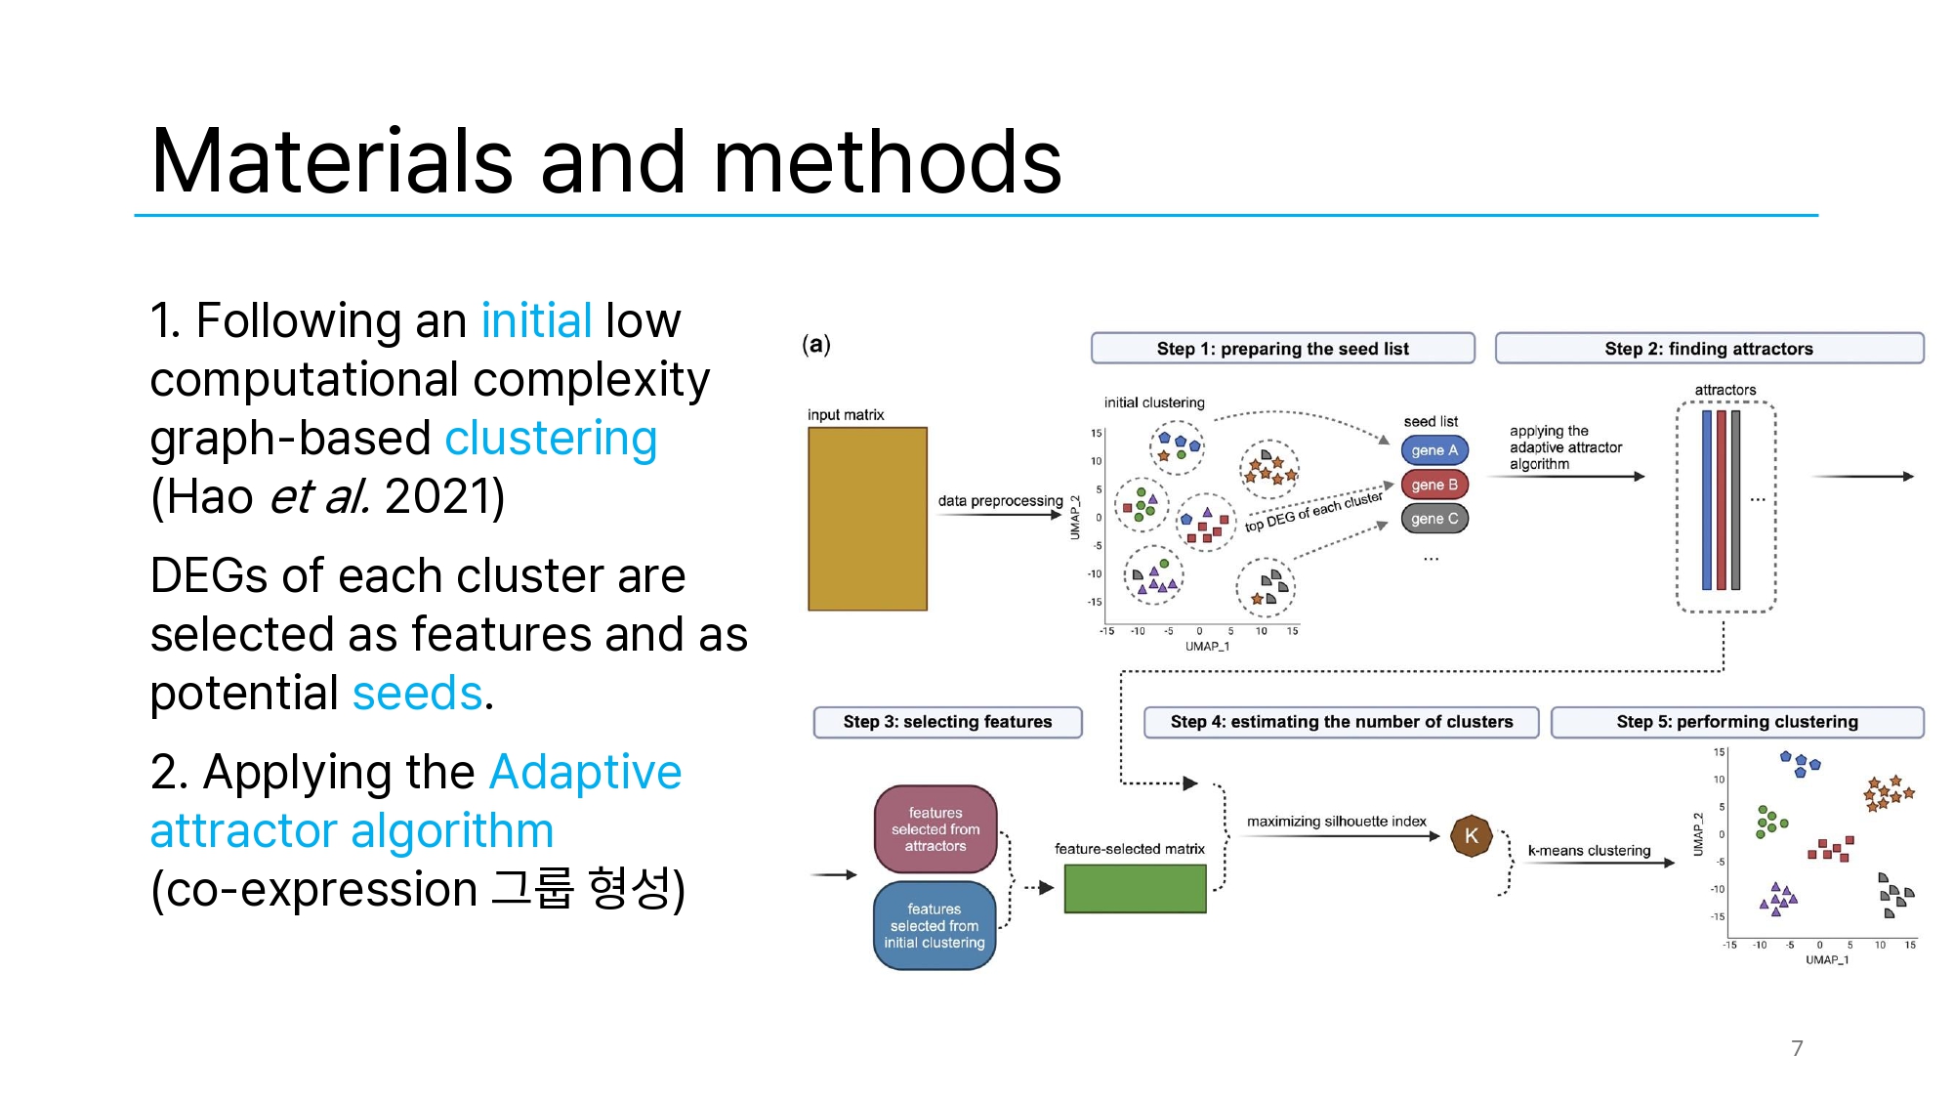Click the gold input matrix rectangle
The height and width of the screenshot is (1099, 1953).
click(x=867, y=519)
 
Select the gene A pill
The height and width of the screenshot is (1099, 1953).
click(x=1434, y=450)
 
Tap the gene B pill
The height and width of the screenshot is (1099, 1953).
click(x=1434, y=485)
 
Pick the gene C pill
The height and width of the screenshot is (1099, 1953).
click(x=1434, y=519)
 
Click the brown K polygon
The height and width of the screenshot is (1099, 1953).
click(x=1471, y=836)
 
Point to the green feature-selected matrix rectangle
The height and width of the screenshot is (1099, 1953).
click(x=1135, y=889)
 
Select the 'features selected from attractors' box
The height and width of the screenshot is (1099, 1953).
click(x=935, y=829)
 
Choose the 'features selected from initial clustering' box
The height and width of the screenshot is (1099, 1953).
click(x=935, y=925)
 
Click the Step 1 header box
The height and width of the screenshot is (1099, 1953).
click(x=1282, y=349)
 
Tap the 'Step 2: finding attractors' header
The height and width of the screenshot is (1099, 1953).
click(x=1709, y=349)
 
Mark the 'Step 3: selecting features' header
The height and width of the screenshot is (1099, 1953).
click(x=947, y=722)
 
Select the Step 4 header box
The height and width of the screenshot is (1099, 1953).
click(x=1341, y=722)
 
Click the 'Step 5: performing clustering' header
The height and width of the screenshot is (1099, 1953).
click(x=1737, y=722)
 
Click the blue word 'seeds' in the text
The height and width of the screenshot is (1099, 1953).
click(x=417, y=694)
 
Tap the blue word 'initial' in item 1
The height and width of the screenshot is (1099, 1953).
click(x=536, y=321)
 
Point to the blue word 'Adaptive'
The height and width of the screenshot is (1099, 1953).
click(x=585, y=773)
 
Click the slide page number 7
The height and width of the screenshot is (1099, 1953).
click(x=1797, y=1048)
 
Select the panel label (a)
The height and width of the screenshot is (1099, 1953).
click(x=816, y=344)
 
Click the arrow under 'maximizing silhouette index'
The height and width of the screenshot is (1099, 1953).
click(x=1343, y=836)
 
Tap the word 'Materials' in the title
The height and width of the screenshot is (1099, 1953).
click(x=332, y=162)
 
